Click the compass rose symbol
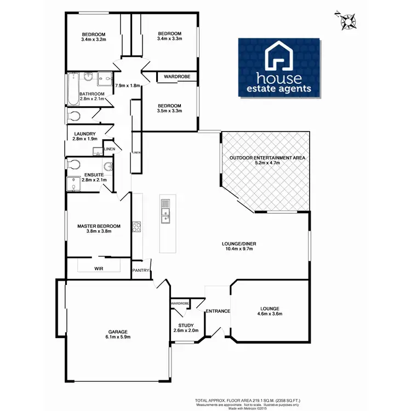pos(346,20)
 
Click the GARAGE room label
pos(117,332)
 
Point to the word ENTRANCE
pos(218,311)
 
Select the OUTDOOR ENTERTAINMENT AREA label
pos(265,157)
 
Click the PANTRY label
pos(140,270)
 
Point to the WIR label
pos(99,269)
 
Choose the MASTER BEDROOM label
pos(99,226)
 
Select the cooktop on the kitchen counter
pos(136,227)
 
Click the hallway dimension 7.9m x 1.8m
pos(128,86)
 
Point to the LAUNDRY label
pos(84,134)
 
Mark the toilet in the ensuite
pos(73,164)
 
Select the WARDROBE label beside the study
pos(180,303)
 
